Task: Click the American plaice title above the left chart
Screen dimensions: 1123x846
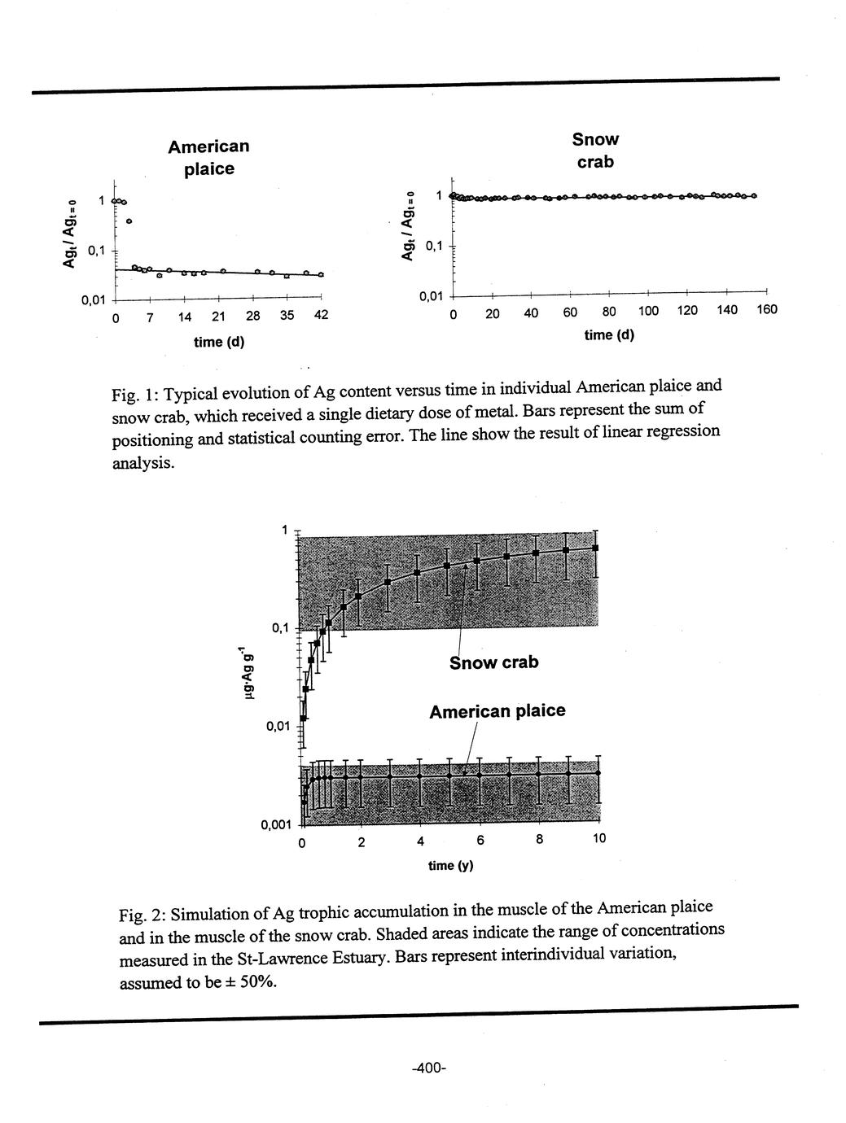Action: (208, 157)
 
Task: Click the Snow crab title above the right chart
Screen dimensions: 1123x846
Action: (595, 151)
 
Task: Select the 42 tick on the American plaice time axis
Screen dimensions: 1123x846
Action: (321, 317)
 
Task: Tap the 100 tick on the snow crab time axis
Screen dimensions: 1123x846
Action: (648, 310)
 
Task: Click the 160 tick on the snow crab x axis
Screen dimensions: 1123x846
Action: (766, 310)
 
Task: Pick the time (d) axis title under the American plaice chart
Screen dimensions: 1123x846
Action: (219, 342)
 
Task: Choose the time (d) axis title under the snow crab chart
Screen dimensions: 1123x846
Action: (609, 335)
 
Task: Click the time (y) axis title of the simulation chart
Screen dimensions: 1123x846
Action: (450, 866)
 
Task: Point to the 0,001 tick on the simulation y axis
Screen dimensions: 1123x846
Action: (275, 825)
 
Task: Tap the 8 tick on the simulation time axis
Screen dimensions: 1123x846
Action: (539, 840)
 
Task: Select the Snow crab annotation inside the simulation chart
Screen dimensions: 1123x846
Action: (493, 663)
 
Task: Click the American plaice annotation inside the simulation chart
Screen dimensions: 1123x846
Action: (497, 711)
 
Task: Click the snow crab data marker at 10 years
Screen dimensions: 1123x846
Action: (597, 548)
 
